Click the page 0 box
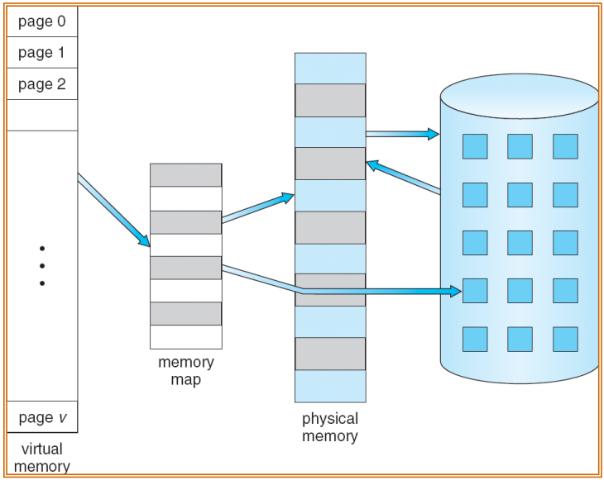(x=42, y=21)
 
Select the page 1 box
(x=42, y=53)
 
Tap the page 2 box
(x=42, y=84)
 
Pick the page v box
(x=42, y=417)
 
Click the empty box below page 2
(x=42, y=116)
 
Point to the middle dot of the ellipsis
(x=42, y=266)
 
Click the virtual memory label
(x=42, y=458)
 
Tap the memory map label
(x=186, y=371)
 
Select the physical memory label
(x=330, y=427)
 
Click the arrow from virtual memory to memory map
(x=114, y=210)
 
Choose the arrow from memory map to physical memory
(x=257, y=207)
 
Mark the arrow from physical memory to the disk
(x=402, y=134)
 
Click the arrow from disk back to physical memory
(x=403, y=178)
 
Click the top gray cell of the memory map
(x=186, y=175)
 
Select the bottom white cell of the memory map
(x=186, y=337)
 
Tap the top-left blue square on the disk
(x=475, y=146)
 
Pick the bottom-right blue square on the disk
(x=565, y=340)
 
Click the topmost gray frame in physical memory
(x=330, y=101)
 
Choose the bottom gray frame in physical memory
(x=330, y=354)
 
